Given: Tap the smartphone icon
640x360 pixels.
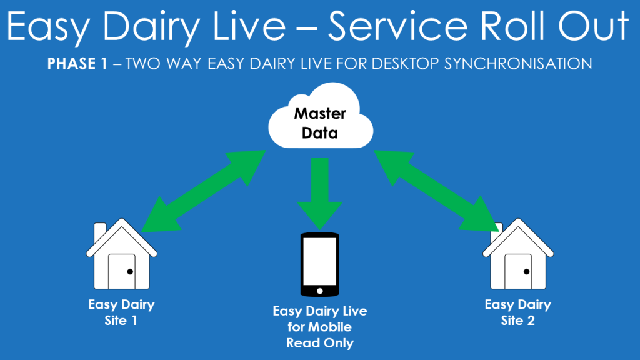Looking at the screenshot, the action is [319, 264].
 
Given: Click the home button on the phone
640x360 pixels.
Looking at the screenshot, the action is [319, 291].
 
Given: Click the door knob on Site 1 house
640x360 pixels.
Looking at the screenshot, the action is [130, 271].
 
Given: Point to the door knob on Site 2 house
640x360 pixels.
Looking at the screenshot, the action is [526, 271].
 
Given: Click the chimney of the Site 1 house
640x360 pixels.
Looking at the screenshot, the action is [99, 232].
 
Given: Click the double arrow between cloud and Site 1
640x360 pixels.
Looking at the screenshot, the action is [204, 191].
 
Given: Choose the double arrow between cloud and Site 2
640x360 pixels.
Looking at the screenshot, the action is [436, 191].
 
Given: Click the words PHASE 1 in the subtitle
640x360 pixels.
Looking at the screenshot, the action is [77, 64].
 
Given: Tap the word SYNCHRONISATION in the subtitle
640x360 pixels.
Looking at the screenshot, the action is [518, 64].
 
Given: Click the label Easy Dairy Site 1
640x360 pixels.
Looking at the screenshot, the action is [121, 312].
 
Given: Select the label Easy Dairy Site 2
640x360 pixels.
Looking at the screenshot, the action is [518, 312].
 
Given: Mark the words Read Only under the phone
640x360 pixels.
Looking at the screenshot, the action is [320, 343].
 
